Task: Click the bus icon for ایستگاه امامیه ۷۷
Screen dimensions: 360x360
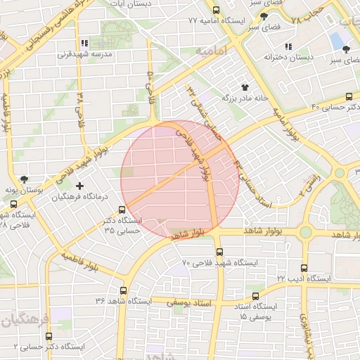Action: tap(215, 11)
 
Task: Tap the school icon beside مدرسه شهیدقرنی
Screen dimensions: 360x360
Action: tap(85, 43)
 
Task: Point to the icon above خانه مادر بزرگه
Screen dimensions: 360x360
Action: tap(245, 87)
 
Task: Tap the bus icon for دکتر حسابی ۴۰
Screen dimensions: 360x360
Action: tap(349, 97)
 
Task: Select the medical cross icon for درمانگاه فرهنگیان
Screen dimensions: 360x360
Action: tap(79, 186)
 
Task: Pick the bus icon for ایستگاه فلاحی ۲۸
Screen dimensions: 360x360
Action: tap(13, 205)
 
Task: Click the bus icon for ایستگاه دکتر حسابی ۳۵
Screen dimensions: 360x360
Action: tap(122, 210)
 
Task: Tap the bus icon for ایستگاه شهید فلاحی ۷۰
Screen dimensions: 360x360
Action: tap(219, 252)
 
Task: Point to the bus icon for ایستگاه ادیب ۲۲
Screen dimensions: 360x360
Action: tap(304, 268)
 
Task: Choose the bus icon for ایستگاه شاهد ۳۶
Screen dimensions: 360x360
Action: tap(124, 290)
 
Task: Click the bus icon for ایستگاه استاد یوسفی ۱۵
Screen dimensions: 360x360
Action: tap(257, 296)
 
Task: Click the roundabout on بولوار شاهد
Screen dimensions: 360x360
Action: tap(306, 232)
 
